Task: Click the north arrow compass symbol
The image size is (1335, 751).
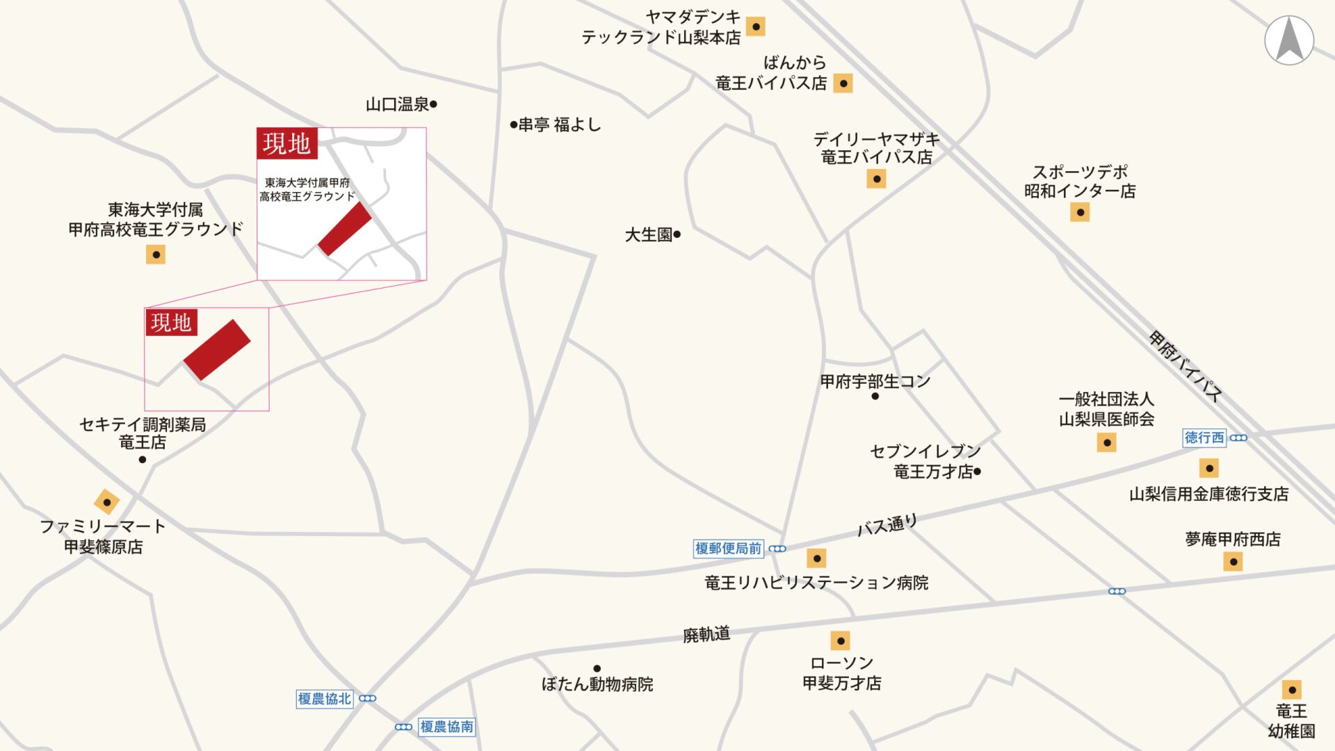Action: pos(1289,40)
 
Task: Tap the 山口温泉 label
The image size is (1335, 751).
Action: pos(398,104)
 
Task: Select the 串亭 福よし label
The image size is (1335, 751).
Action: pos(559,125)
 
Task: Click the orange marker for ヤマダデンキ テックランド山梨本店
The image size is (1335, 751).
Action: pos(755,26)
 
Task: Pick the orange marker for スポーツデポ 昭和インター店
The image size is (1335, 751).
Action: pos(1080,212)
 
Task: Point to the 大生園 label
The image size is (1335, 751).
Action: pos(649,235)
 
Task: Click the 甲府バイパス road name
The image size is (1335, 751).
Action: pos(1186,366)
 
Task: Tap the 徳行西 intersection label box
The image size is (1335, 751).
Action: pos(1204,437)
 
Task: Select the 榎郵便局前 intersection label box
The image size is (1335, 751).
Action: pos(728,549)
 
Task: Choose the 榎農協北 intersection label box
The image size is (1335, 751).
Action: pos(325,699)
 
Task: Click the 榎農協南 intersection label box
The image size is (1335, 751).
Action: pos(447,727)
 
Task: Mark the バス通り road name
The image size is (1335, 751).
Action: pos(887,525)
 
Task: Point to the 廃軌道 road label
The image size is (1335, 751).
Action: pos(706,634)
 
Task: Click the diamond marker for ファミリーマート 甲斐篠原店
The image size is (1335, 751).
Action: pos(106,501)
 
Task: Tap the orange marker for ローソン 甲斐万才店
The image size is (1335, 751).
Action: pos(841,640)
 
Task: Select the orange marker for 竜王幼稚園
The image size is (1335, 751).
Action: pos(1292,690)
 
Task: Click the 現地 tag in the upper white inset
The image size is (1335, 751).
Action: pos(286,144)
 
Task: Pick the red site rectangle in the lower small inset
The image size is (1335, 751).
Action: pos(217,350)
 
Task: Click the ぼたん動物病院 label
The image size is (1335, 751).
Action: pos(597,684)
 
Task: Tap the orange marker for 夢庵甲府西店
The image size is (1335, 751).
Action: pos(1233,561)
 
